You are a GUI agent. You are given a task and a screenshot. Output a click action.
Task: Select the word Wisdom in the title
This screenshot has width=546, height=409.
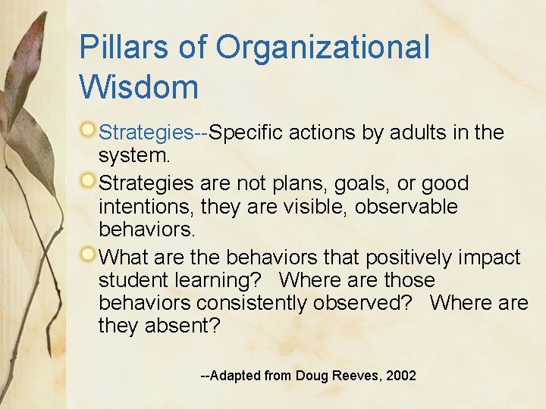[x=139, y=86]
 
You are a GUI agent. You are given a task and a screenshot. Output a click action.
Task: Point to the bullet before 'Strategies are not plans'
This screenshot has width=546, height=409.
[x=89, y=181]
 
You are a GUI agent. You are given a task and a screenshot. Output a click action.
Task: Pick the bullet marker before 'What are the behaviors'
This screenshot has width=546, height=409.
[x=89, y=254]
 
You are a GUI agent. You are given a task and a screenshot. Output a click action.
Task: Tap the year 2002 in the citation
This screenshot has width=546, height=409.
[x=400, y=376]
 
